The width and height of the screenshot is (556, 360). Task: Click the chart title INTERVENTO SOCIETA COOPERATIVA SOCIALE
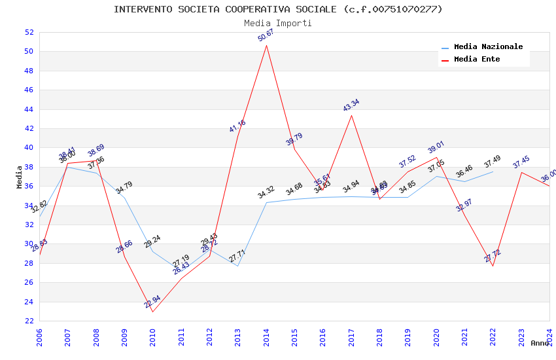278,9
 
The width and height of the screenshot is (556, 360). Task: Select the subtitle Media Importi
278,23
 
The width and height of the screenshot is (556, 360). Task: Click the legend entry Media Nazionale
488,47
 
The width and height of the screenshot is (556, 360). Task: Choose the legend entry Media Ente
477,59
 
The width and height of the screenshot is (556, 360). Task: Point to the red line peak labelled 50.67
266,45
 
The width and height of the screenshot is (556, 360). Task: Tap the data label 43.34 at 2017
351,105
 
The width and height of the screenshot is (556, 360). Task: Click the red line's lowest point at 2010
152,312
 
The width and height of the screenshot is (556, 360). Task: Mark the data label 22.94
152,302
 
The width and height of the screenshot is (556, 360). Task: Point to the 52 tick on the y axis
28,32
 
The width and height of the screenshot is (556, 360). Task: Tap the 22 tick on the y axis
28,321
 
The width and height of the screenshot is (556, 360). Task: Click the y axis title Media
20,177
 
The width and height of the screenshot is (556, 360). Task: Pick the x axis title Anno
540,343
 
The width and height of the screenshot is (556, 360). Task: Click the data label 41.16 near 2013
237,126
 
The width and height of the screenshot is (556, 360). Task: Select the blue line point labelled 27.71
237,266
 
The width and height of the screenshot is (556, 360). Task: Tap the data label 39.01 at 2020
436,149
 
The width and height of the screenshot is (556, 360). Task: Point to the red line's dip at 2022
493,266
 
